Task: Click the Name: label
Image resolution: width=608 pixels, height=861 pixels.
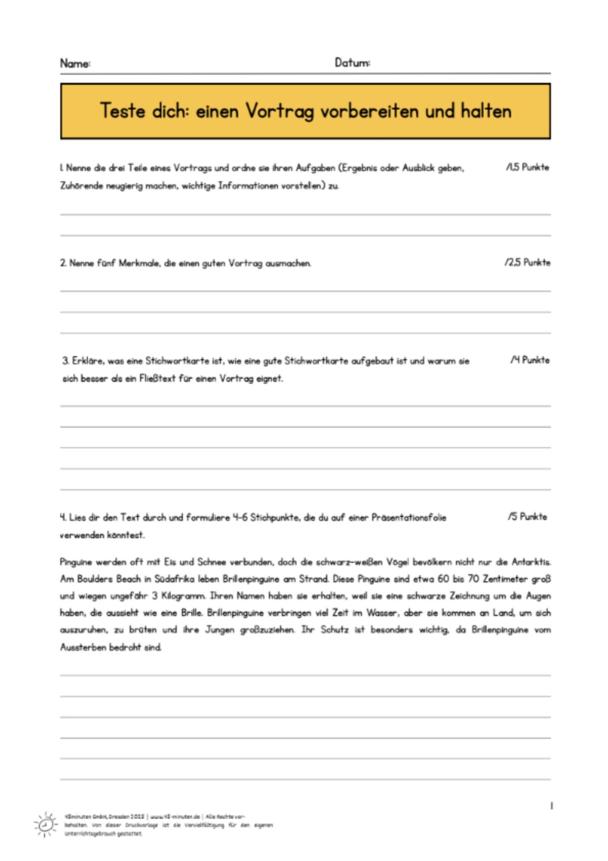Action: point(75,63)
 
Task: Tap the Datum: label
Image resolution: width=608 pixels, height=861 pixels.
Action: point(352,63)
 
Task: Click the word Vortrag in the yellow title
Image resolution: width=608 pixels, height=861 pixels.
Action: point(279,111)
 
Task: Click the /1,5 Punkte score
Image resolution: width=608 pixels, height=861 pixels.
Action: point(527,167)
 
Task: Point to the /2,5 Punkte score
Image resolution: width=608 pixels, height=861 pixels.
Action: point(527,262)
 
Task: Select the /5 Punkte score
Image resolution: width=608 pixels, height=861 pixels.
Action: point(527,517)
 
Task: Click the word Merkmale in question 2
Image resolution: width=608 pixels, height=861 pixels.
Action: point(139,263)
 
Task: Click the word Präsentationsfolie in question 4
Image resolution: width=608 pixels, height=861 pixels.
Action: point(408,517)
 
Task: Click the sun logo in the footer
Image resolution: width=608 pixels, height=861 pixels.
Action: point(45,825)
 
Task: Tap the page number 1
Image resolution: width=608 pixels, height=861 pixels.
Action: point(551,806)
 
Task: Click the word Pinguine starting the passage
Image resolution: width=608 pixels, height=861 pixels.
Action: point(76,562)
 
